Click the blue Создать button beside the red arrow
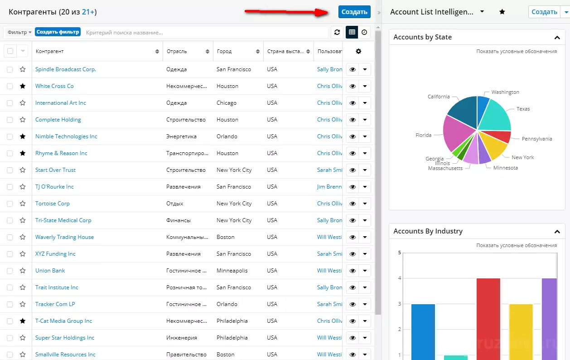click(354, 12)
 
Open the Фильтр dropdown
click(19, 32)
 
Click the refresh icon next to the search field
click(337, 32)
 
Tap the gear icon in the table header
click(358, 51)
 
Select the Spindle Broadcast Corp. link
click(65, 69)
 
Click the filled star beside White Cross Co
click(23, 86)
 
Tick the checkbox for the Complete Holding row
click(10, 120)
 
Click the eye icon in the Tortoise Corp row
click(353, 204)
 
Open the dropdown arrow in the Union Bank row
click(365, 271)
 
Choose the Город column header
click(224, 51)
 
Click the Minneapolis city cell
click(232, 271)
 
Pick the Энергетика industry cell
click(181, 136)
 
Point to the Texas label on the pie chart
click(523, 109)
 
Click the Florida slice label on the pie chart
click(424, 135)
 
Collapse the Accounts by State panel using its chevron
click(557, 38)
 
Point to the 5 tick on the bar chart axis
click(400, 253)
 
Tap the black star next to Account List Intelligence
click(502, 12)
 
